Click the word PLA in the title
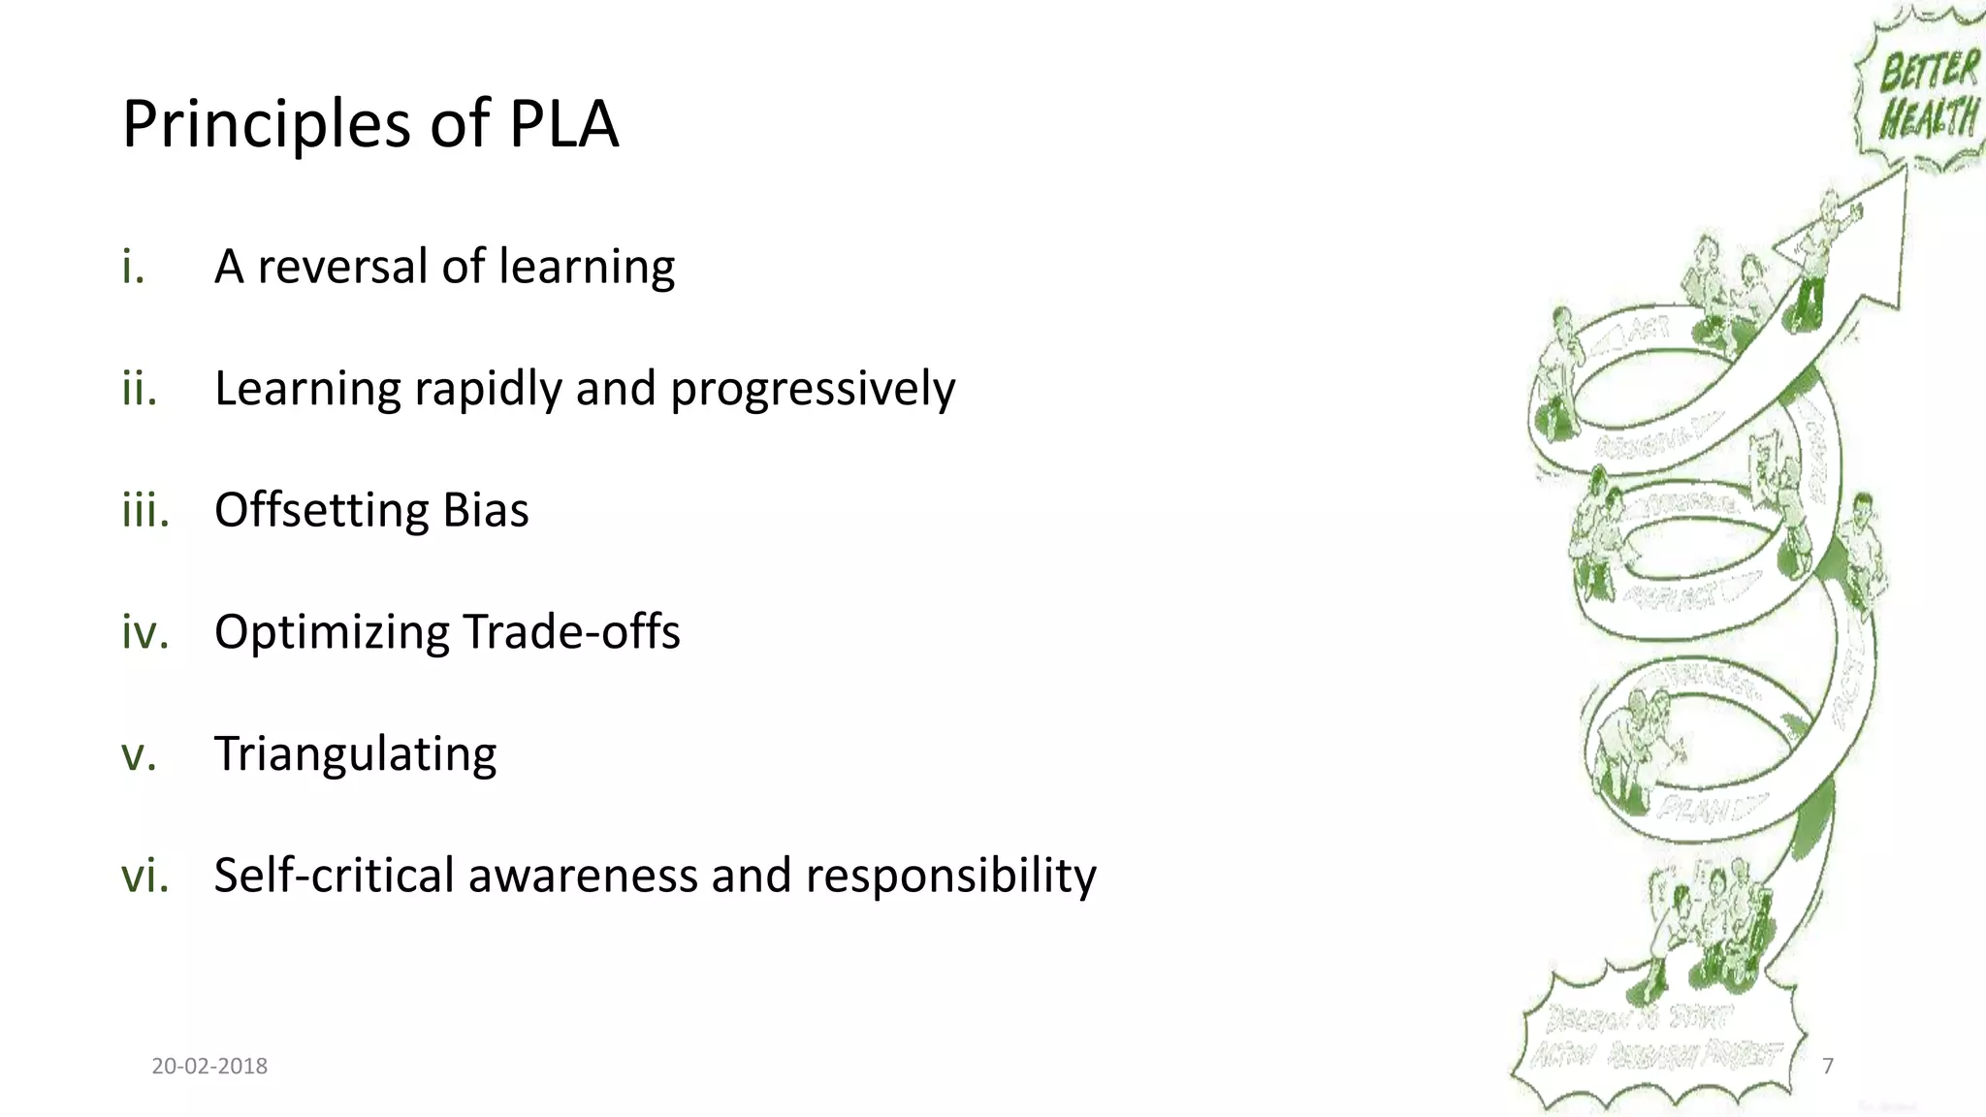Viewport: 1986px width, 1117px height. point(563,124)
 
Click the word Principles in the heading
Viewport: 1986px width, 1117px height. point(267,126)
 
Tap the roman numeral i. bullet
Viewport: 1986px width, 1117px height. point(133,267)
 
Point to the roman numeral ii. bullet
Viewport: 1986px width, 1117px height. point(140,388)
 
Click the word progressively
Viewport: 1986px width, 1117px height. point(813,390)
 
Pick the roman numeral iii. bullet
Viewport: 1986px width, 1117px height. point(145,510)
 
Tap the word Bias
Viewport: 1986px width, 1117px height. point(486,510)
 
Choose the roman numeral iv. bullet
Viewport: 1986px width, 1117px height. point(145,632)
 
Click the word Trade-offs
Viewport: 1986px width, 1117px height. point(571,632)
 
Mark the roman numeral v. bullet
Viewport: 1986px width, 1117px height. point(139,754)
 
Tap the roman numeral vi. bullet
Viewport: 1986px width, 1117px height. point(145,876)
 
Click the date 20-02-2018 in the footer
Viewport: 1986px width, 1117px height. point(209,1067)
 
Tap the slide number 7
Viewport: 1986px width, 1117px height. point(1828,1067)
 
